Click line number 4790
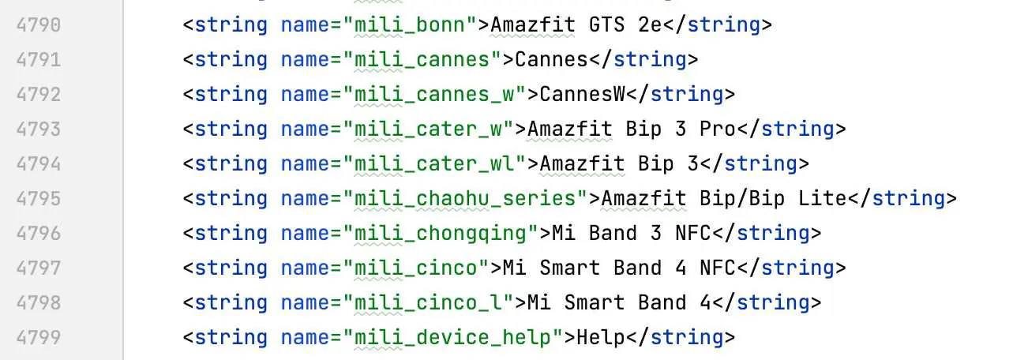pyautogui.click(x=38, y=25)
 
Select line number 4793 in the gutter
pyautogui.click(x=38, y=129)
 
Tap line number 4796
pyautogui.click(x=38, y=234)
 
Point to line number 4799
pyautogui.click(x=38, y=338)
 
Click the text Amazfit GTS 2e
pyautogui.click(x=576, y=25)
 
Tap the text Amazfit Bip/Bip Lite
pyautogui.click(x=723, y=199)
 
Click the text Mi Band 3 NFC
pyautogui.click(x=632, y=234)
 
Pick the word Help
pyautogui.click(x=600, y=338)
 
